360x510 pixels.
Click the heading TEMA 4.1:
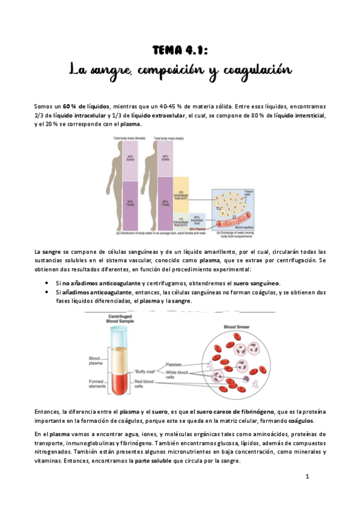point(180,51)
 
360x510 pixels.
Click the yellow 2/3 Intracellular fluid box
point(181,194)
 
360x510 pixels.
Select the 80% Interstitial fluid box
point(197,220)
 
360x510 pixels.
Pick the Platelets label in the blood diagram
point(174,364)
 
